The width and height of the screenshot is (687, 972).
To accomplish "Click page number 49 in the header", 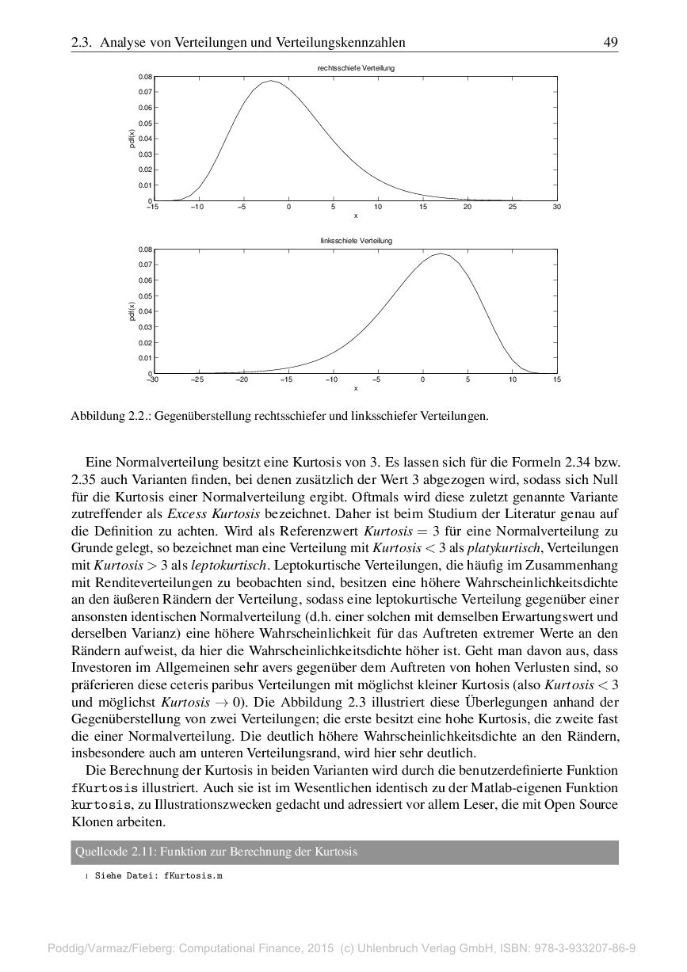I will (610, 42).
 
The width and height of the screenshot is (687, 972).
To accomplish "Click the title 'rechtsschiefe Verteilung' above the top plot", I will (356, 69).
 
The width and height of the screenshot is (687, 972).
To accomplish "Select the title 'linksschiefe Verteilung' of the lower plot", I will (356, 240).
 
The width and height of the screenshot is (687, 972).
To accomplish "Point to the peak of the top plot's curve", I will (271, 81).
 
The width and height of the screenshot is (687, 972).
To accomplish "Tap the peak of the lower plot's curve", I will (441, 253).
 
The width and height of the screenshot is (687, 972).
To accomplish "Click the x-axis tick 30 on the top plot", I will (557, 208).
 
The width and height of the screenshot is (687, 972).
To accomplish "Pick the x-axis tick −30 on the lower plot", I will (154, 380).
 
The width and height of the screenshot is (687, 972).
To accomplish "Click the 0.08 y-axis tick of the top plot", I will (145, 77).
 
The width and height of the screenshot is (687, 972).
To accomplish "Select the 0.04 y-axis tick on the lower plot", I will (145, 311).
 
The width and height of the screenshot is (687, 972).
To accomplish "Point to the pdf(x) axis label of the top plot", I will (132, 139).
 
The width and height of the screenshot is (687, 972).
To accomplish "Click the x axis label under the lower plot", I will (356, 388).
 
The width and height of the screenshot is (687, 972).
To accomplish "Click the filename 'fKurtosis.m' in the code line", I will (193, 877).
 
